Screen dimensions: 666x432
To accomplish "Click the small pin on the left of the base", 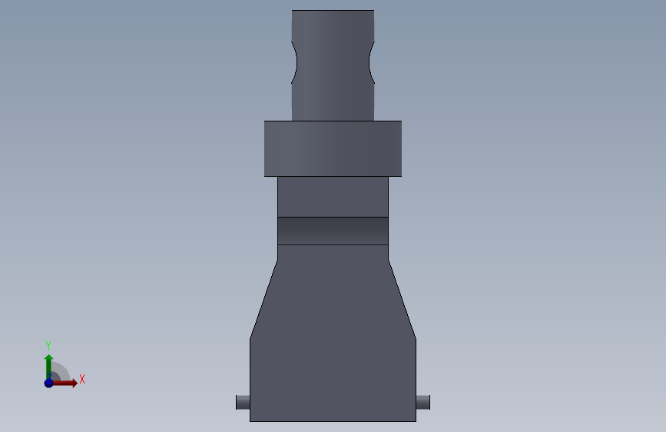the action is click(243, 402).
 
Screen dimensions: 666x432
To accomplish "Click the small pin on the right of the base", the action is click(423, 402).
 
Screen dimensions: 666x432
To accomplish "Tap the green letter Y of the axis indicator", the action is click(48, 345).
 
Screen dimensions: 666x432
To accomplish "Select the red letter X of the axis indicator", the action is click(82, 379).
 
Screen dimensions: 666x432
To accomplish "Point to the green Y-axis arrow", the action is click(48, 367).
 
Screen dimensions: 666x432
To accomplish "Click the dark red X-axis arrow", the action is click(64, 383).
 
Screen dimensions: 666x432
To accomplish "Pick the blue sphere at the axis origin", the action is click(48, 383).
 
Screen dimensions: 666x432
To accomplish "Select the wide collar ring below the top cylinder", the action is click(333, 148).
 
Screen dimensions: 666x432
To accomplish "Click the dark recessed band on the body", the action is click(333, 231).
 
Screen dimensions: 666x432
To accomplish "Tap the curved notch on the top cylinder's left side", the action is click(294, 62).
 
